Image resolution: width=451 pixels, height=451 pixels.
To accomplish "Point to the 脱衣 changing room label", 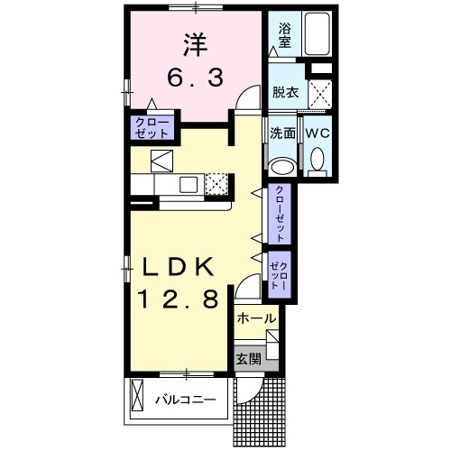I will point(286,92).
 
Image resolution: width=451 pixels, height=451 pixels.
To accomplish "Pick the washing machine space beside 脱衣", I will point(318,92).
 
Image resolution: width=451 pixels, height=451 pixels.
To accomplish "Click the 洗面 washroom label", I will point(282,133).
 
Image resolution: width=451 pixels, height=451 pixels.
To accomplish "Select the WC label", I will point(318,133).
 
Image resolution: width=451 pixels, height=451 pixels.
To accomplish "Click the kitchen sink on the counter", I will point(190,185).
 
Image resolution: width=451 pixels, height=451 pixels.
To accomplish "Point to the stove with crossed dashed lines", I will point(217,185).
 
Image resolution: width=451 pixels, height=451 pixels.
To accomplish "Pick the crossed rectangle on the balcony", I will point(139,396).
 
